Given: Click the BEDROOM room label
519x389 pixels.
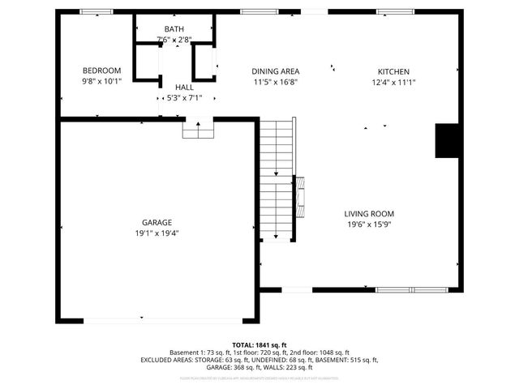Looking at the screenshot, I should [x=101, y=71].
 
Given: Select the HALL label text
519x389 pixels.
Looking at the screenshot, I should [x=184, y=87].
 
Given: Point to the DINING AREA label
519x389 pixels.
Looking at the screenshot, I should [x=275, y=71].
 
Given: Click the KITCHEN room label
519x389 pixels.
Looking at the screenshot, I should [x=393, y=71].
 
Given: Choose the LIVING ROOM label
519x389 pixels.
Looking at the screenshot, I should [x=371, y=214].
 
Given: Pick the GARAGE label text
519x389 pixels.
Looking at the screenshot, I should [x=158, y=222].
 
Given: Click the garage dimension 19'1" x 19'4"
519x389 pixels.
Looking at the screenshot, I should [x=157, y=233].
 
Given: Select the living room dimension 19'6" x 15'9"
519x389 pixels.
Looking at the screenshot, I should [x=371, y=225].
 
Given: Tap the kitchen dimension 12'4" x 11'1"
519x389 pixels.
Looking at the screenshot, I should [x=393, y=82].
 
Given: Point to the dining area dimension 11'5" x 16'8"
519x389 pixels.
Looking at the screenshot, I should [x=275, y=82].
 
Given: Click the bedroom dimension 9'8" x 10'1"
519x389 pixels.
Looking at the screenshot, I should [x=101, y=81].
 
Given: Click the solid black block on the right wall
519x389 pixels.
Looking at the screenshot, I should [x=448, y=141].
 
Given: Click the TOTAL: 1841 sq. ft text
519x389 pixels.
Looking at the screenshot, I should [x=259, y=345].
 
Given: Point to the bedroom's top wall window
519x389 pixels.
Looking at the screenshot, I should [x=97, y=12].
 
